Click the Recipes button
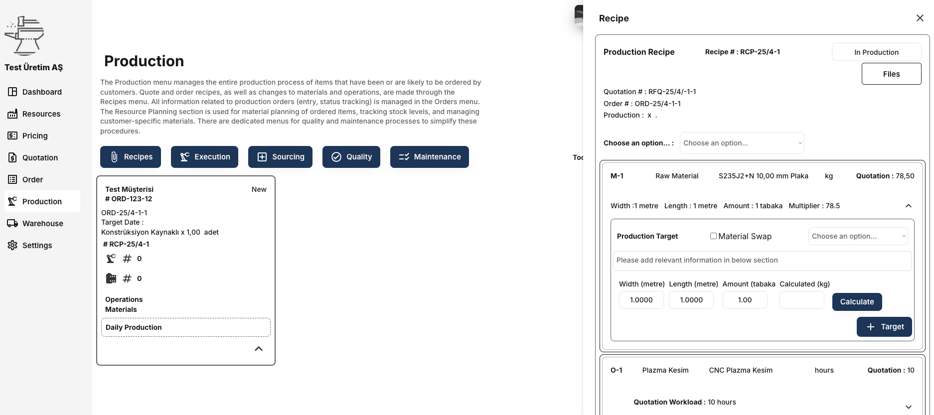point(131,157)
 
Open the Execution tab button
point(204,157)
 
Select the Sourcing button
point(280,157)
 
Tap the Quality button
point(351,157)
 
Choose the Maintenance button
point(430,157)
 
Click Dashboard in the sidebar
point(42,92)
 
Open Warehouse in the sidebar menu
point(42,224)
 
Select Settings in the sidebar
point(37,246)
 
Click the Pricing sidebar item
point(35,136)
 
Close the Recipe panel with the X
point(920,18)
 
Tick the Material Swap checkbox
point(713,236)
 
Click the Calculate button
point(857,302)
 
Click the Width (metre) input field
point(641,300)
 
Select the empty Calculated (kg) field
point(801,300)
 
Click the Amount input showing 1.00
point(745,300)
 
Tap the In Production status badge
point(876,52)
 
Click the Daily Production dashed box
point(186,327)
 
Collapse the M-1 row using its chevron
point(909,206)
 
